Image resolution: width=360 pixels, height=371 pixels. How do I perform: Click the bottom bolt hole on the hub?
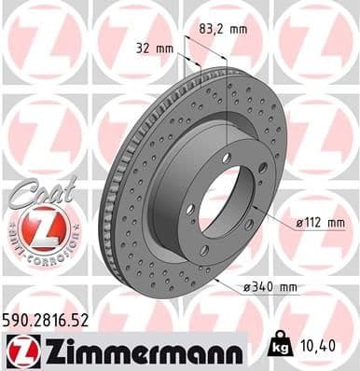click(x=204, y=251)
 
